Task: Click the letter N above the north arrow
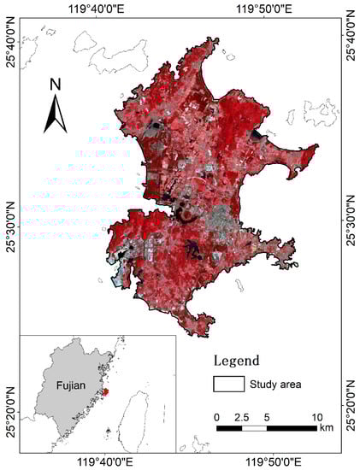click(x=55, y=84)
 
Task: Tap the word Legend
click(x=242, y=361)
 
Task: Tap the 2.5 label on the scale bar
click(x=242, y=416)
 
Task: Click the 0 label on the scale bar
click(x=217, y=416)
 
